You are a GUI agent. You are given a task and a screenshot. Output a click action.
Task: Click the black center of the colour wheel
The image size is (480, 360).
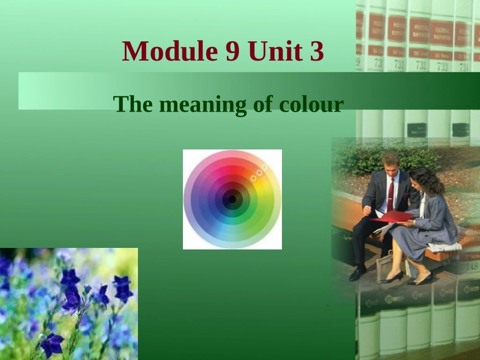[x=232, y=199]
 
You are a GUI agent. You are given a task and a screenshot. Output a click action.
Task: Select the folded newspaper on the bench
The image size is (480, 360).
[x=445, y=247]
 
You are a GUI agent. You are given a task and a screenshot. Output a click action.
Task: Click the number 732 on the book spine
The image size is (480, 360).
[x=421, y=65]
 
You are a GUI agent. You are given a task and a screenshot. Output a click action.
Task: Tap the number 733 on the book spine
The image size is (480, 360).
[x=442, y=66]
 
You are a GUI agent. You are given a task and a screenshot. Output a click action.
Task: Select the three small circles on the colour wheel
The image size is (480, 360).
[x=258, y=172]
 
